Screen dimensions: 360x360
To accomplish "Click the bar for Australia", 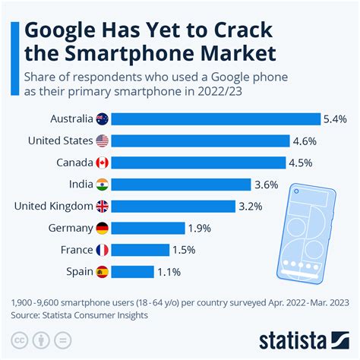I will (x=217, y=118).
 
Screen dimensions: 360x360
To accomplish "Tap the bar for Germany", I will (x=150, y=228).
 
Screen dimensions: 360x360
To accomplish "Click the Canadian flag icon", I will (x=103, y=163).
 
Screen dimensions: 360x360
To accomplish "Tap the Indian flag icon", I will (x=103, y=185).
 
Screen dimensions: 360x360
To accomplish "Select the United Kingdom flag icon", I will (x=103, y=206).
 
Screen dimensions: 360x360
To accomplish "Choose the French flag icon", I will (x=103, y=250).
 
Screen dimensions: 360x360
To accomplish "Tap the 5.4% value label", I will (x=335, y=118).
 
